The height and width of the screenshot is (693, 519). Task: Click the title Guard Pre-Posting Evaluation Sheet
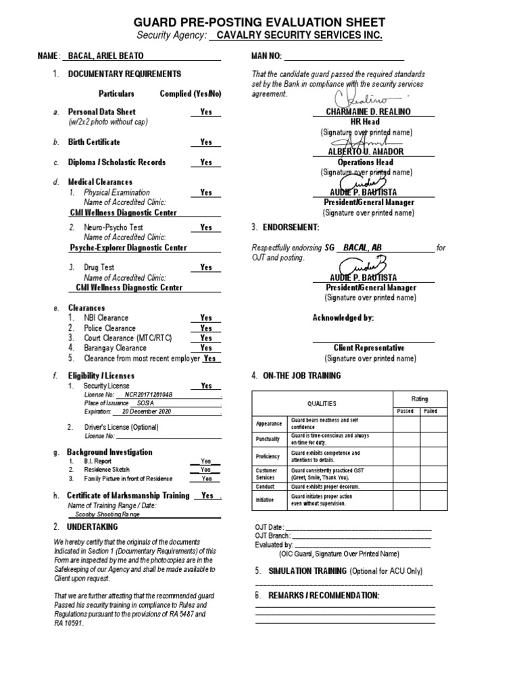click(259, 22)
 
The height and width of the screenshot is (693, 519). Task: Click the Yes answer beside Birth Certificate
click(205, 142)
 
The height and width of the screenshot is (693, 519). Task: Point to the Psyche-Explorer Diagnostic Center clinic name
click(128, 248)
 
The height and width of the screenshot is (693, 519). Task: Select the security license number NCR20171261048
click(145, 395)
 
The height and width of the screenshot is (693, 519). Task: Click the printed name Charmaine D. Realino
click(368, 111)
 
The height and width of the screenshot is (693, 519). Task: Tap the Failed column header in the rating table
click(430, 411)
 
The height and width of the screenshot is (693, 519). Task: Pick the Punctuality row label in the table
click(268, 439)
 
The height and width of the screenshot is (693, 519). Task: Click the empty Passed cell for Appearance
click(406, 424)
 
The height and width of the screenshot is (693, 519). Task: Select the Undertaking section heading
click(92, 527)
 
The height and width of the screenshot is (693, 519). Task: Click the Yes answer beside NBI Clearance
click(205, 317)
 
